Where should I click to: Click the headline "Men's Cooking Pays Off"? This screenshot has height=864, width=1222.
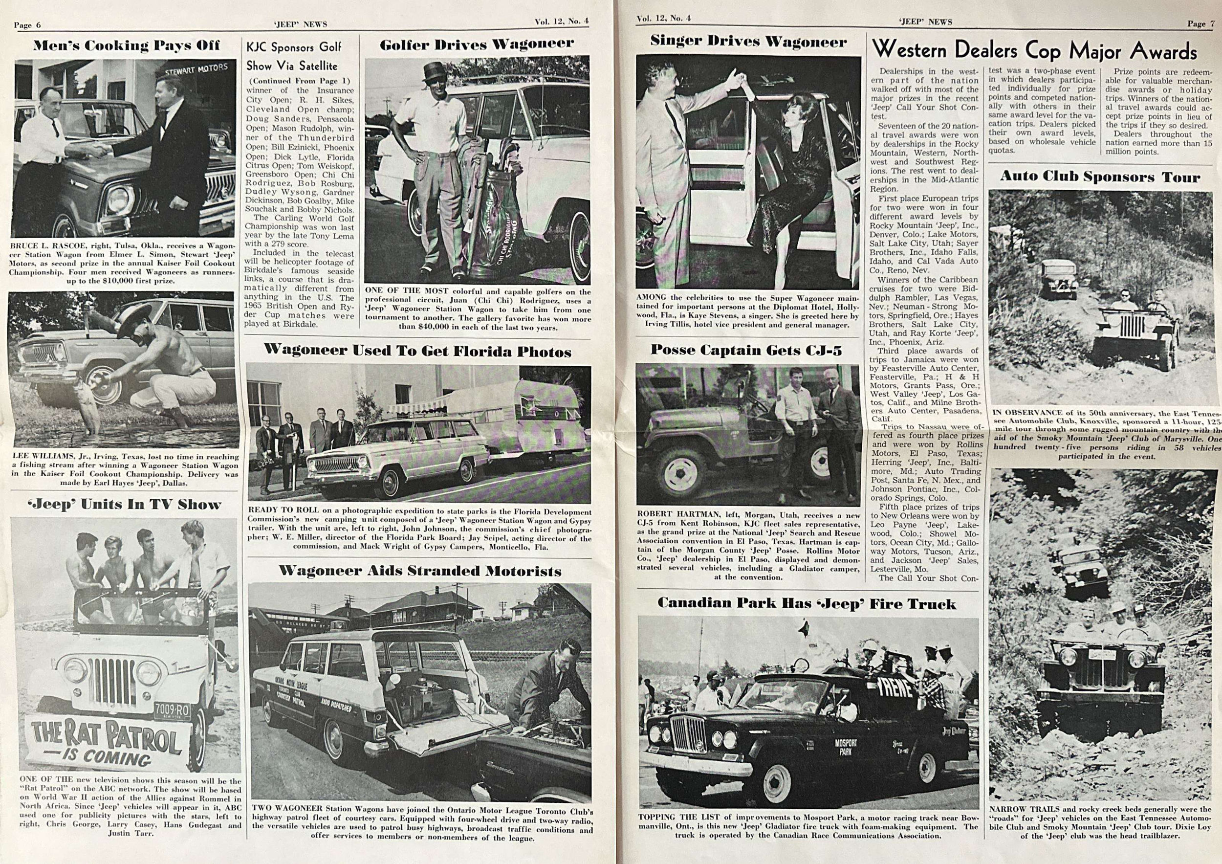[x=126, y=46]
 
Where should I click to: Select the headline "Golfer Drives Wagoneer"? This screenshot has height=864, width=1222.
[x=477, y=44]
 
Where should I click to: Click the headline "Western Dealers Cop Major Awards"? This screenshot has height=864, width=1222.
[x=1035, y=51]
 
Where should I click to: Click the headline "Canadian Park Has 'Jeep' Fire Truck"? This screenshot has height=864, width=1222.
[x=807, y=603]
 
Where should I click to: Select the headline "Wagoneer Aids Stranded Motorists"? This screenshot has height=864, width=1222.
[x=420, y=571]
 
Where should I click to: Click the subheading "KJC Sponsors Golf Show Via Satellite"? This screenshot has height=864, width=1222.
[x=293, y=56]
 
